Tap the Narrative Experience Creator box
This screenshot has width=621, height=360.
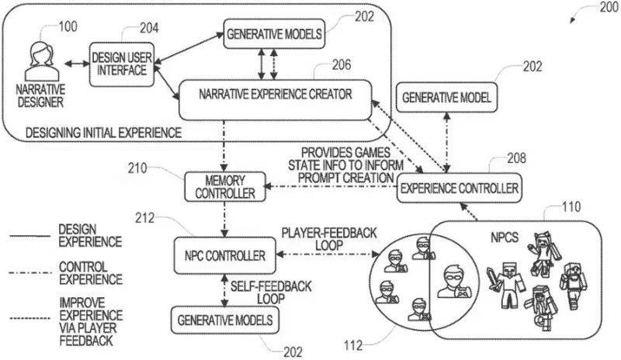pyautogui.click(x=276, y=95)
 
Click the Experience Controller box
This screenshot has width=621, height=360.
pyautogui.click(x=457, y=187)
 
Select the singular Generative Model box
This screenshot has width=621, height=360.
pyautogui.click(x=447, y=99)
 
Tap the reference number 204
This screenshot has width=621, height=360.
pyautogui.click(x=147, y=28)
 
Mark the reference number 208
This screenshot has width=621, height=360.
pyautogui.click(x=515, y=158)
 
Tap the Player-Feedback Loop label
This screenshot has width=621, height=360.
pyautogui.click(x=318, y=237)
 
